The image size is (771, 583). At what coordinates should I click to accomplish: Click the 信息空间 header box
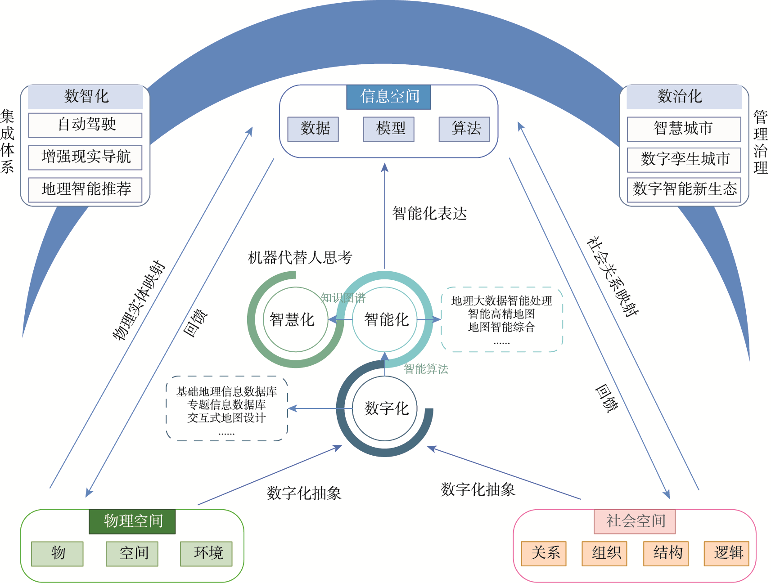click(388, 97)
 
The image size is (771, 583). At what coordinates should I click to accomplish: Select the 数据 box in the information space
click(313, 129)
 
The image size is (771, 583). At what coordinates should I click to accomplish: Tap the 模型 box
click(389, 129)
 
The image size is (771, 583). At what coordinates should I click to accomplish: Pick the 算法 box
click(464, 129)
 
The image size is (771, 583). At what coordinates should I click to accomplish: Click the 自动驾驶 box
click(86, 125)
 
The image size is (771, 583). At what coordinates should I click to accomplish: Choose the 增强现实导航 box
click(86, 157)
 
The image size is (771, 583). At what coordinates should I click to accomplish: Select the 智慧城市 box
click(684, 129)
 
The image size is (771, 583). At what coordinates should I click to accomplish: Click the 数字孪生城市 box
click(684, 160)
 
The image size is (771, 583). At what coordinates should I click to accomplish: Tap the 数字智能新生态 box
click(684, 190)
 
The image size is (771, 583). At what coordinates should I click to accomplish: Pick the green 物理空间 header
click(132, 521)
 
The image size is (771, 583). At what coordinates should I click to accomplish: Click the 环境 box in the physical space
click(207, 553)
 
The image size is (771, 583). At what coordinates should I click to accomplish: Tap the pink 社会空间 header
click(635, 521)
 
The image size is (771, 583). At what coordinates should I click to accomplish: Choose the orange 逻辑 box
click(726, 553)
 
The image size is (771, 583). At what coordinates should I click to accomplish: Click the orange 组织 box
click(604, 553)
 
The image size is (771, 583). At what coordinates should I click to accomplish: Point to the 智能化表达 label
click(429, 214)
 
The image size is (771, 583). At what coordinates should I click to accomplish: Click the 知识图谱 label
click(343, 298)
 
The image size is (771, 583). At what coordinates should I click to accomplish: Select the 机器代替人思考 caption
click(300, 258)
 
